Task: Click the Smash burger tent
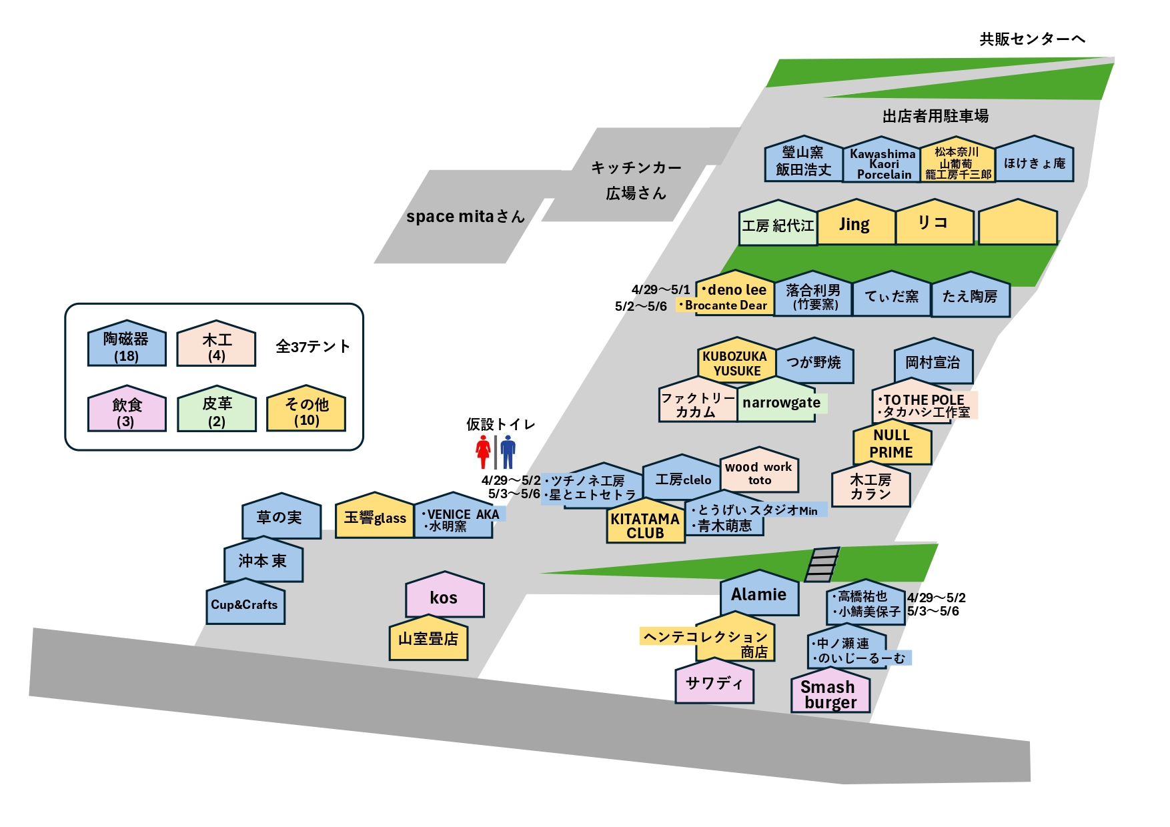[x=830, y=694]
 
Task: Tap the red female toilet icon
[x=483, y=452]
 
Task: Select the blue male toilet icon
[x=508, y=452]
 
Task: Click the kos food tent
[x=444, y=596]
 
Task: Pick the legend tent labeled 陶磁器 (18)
[x=126, y=345]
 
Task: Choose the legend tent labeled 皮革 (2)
[x=216, y=410]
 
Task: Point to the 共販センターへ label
[x=1031, y=39]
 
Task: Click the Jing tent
[x=855, y=224]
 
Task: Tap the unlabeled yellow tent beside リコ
[x=1017, y=224]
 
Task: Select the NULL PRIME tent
[x=891, y=444]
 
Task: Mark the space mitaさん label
[x=465, y=217]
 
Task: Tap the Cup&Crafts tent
[x=245, y=604]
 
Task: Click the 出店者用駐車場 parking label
[x=935, y=116]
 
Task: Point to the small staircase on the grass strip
[x=822, y=564]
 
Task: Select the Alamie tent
[x=759, y=594]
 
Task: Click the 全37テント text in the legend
[x=313, y=346]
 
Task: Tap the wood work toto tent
[x=759, y=472]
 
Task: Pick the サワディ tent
[x=714, y=683]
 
